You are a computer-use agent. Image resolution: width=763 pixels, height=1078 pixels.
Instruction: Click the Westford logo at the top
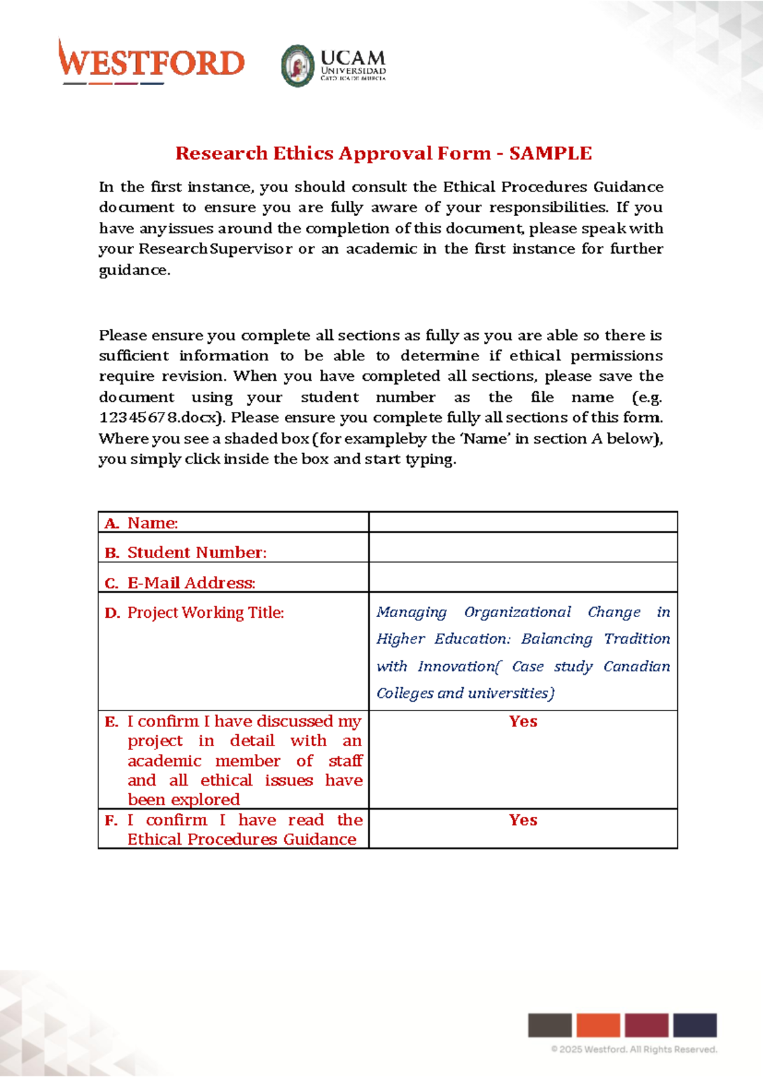coord(151,62)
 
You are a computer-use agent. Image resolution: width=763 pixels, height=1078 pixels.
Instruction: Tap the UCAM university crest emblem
coord(298,65)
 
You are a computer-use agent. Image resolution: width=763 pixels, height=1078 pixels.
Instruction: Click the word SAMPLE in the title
coord(551,153)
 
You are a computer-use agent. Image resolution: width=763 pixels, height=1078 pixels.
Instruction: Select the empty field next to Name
coord(523,522)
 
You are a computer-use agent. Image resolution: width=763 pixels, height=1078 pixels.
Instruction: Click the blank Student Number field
coord(523,548)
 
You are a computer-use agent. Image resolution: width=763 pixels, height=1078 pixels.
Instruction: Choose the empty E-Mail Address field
coord(523,578)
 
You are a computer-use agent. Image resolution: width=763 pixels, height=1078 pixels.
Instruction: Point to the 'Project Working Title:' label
coord(205,613)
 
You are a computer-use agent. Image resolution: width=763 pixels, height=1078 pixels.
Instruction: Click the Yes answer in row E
coord(523,721)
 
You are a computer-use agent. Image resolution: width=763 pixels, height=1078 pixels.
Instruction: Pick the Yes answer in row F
coord(523,820)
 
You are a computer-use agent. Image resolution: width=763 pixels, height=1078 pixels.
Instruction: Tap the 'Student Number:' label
coord(196,552)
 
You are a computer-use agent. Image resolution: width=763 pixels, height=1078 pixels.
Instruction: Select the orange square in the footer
coord(598,1025)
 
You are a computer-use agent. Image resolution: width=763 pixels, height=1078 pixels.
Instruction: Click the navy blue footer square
coord(695,1025)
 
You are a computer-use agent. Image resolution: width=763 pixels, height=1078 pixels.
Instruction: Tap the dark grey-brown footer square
coord(550,1025)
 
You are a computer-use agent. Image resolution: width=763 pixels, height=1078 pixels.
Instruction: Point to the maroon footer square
coord(647,1025)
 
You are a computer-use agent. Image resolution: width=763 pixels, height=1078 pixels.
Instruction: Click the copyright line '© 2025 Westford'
coord(634,1049)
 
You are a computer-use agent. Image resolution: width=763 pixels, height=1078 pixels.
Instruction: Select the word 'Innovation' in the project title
coord(457,666)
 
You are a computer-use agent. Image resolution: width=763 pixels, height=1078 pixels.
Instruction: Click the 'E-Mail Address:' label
coord(191,583)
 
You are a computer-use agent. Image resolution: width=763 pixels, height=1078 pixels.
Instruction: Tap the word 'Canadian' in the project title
coord(636,666)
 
